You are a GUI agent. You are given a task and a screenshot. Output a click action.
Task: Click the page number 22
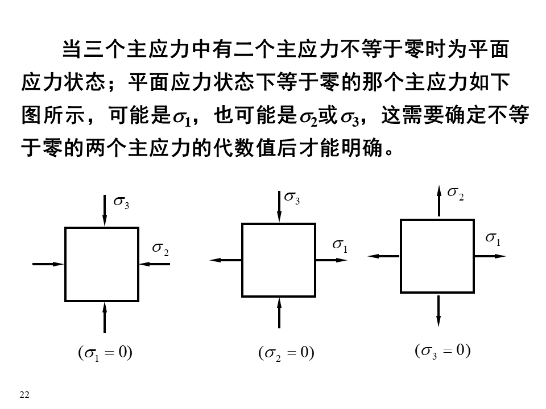pyautogui.click(x=24, y=395)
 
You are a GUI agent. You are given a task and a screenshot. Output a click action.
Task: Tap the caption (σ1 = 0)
pyautogui.click(x=105, y=353)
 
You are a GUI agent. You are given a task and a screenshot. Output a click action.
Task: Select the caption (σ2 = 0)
pyautogui.click(x=286, y=353)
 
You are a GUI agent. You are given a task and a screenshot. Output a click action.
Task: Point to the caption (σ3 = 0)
pyautogui.click(x=442, y=350)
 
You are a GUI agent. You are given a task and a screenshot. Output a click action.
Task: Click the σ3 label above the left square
pyautogui.click(x=122, y=203)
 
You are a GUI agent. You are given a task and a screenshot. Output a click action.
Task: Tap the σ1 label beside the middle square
pyautogui.click(x=340, y=246)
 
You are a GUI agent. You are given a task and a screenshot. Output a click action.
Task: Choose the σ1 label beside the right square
pyautogui.click(x=493, y=239)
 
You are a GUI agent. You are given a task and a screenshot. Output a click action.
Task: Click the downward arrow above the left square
pyautogui.click(x=104, y=211)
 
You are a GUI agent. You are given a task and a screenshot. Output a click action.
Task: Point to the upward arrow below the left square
pyautogui.click(x=104, y=316)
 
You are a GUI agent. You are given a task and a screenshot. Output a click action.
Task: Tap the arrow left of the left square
pyautogui.click(x=48, y=264)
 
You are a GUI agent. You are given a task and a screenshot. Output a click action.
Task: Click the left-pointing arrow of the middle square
pyautogui.click(x=226, y=260)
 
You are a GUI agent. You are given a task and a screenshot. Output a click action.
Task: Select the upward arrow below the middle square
pyautogui.click(x=279, y=312)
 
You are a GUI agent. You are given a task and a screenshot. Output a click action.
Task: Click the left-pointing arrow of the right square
pyautogui.click(x=384, y=256)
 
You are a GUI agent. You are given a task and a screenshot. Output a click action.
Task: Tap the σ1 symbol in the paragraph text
pyautogui.click(x=183, y=118)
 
